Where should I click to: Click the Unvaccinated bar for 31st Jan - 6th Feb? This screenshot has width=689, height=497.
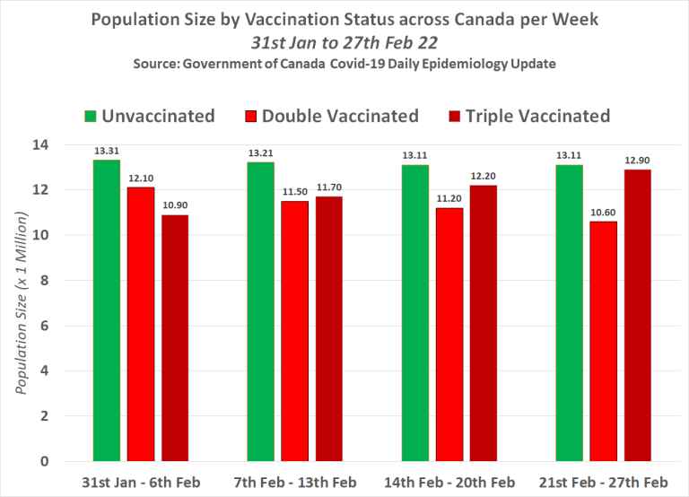point(107,310)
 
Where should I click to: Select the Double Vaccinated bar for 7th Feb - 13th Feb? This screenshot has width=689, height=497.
point(294,331)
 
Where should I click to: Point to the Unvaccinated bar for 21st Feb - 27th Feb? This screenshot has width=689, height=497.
point(569,313)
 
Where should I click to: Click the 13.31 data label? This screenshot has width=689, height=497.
point(107,152)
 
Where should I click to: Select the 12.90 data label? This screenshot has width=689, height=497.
point(637,161)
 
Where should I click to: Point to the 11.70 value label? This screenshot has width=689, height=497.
point(328,187)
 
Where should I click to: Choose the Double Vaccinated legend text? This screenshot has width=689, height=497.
point(341,116)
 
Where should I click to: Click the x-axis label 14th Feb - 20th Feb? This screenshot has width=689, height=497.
point(449,482)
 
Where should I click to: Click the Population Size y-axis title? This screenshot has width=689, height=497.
point(22,302)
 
